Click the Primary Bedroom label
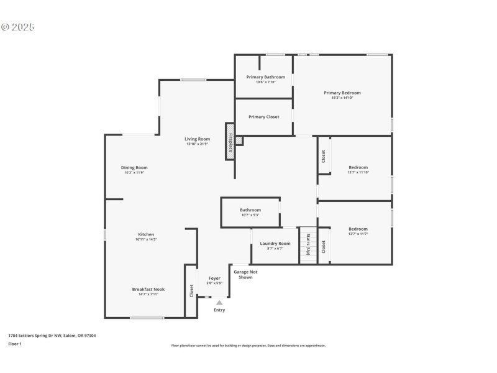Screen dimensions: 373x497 342,93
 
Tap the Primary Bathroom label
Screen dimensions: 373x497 265,77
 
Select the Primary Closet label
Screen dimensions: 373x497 263,117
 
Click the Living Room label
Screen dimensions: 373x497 197,139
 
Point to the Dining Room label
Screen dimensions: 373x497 134,167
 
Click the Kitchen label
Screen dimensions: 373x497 146,234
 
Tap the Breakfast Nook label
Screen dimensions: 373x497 148,289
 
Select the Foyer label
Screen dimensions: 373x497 214,278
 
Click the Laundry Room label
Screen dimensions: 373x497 275,243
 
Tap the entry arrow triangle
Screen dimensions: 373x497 219,303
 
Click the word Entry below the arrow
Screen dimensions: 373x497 219,310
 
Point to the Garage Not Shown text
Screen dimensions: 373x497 245,274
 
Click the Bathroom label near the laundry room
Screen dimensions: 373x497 250,210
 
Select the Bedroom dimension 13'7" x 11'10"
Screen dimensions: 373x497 358,172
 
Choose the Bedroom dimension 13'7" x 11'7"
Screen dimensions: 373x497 358,234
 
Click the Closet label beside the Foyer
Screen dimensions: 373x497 191,290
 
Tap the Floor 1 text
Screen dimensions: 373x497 15,344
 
